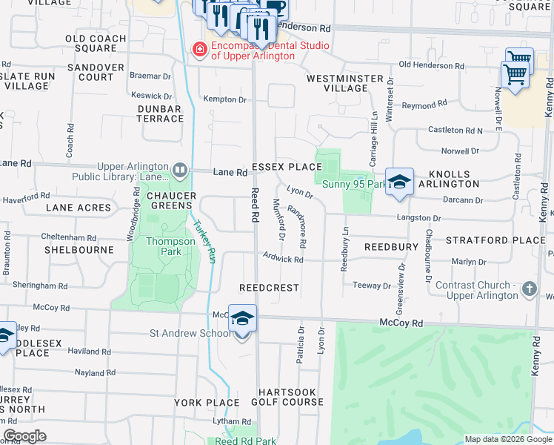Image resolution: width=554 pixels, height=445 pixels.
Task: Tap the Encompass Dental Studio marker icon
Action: pyautogui.click(x=198, y=50)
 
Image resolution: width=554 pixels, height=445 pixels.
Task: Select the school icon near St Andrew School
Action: pyautogui.click(x=242, y=319)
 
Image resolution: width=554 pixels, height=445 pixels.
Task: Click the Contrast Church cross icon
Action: pyautogui.click(x=529, y=289)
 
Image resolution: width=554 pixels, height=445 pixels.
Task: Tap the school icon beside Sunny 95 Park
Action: pyautogui.click(x=398, y=182)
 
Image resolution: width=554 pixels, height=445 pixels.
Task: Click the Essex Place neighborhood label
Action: pyautogui.click(x=287, y=167)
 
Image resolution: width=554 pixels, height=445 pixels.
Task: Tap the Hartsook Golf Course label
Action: pyautogui.click(x=290, y=397)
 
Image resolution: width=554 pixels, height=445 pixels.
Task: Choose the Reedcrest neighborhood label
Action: pyautogui.click(x=269, y=287)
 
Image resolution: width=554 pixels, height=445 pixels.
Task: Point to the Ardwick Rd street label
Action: pyautogui.click(x=283, y=259)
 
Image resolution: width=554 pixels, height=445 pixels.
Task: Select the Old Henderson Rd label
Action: pyautogui.click(x=431, y=65)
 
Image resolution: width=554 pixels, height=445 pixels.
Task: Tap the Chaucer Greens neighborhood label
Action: pyautogui.click(x=171, y=201)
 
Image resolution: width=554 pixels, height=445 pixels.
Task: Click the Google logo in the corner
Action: pyautogui.click(x=24, y=436)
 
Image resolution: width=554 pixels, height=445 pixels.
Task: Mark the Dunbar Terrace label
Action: pyautogui.click(x=160, y=113)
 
